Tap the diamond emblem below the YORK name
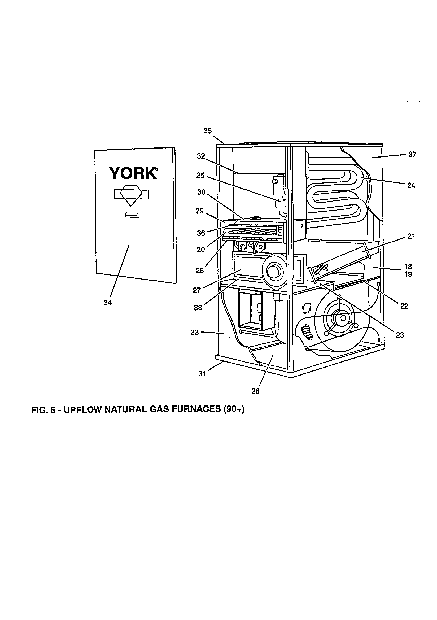tap(131, 195)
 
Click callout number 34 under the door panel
tap(107, 303)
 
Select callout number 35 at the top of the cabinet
tap(207, 131)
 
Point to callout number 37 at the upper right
tap(412, 155)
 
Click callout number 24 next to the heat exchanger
tap(411, 186)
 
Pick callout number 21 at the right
tap(411, 237)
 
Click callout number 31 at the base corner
tap(202, 374)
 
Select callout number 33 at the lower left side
tap(194, 333)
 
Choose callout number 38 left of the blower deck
tap(198, 308)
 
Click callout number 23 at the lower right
tap(400, 335)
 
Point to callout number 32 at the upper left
tap(201, 156)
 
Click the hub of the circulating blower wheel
tap(343, 318)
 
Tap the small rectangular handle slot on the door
tap(132, 215)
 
